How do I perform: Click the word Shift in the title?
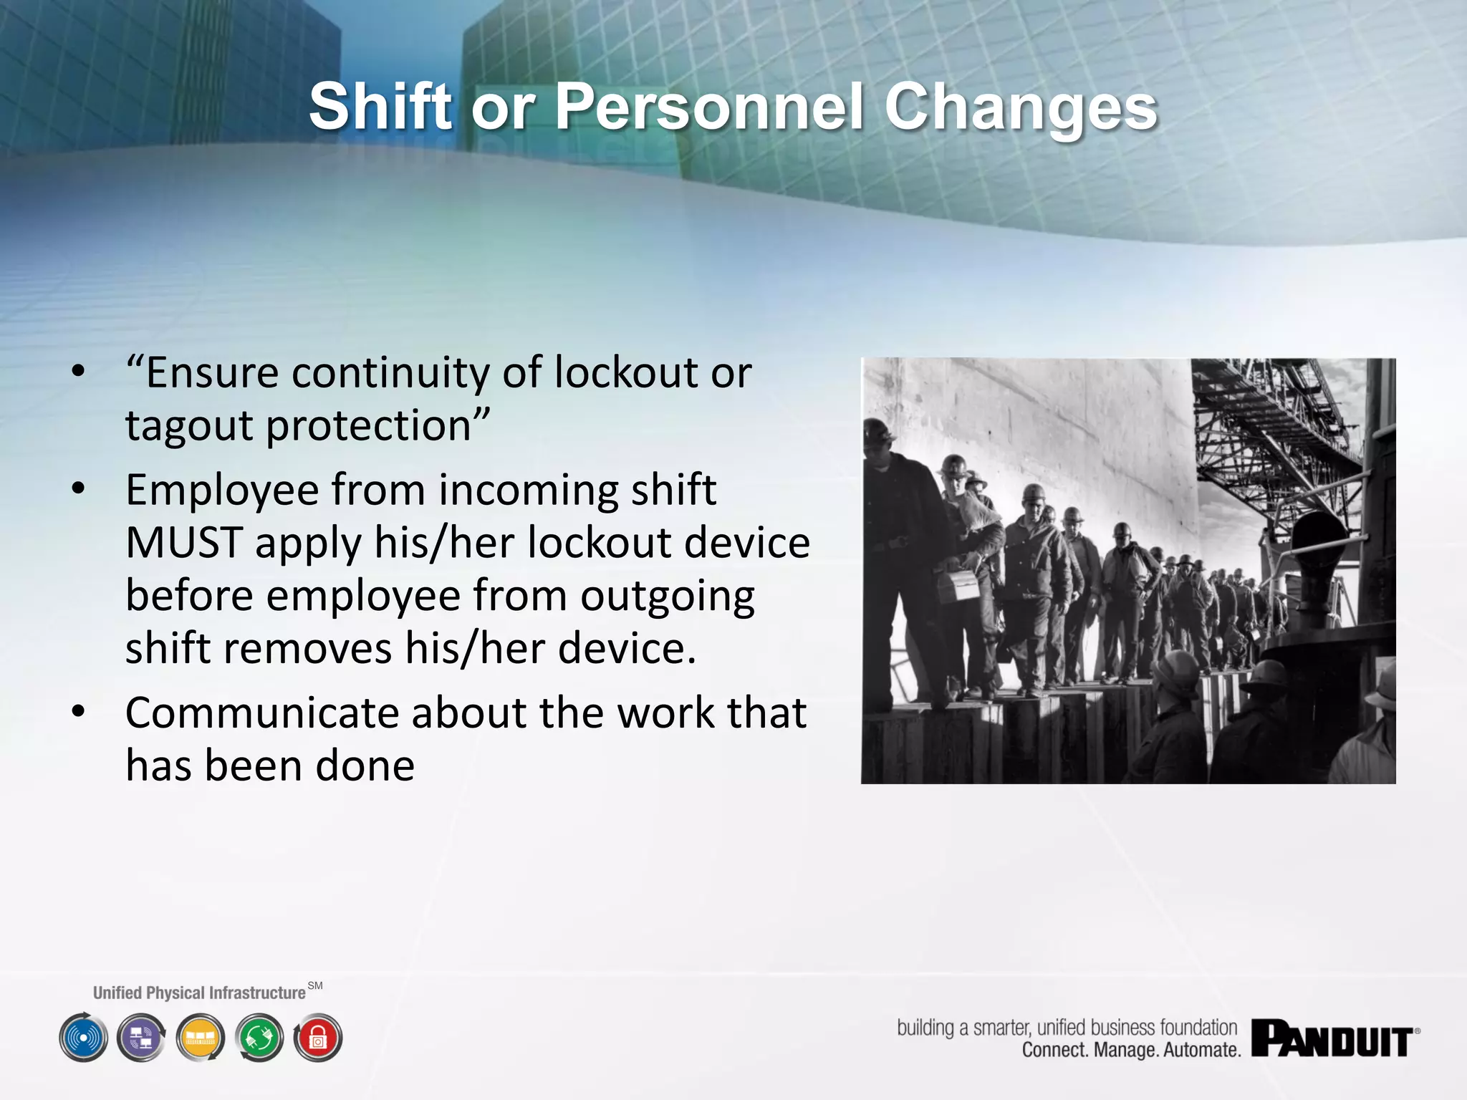(x=380, y=107)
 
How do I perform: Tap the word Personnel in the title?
(x=709, y=107)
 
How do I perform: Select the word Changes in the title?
(x=1020, y=107)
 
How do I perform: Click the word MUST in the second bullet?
(x=184, y=543)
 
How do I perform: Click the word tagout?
(x=190, y=426)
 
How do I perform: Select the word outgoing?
(x=667, y=596)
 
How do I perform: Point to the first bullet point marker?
(x=79, y=372)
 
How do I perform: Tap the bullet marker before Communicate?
(x=79, y=712)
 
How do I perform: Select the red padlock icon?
(x=318, y=1038)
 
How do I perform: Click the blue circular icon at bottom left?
(x=84, y=1038)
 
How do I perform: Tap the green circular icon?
(x=259, y=1038)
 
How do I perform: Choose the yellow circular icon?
(x=201, y=1038)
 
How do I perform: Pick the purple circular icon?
(x=142, y=1038)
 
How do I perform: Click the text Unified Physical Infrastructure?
(x=199, y=993)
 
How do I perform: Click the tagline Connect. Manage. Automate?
(x=1130, y=1051)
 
